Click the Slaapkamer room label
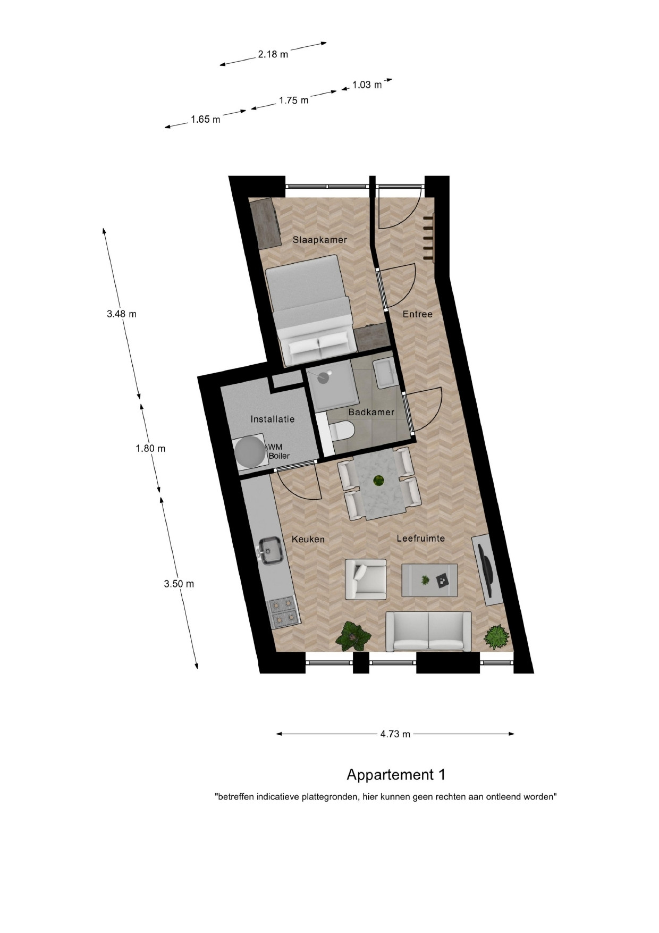[319, 240]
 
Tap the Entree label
[417, 314]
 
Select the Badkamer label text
[371, 412]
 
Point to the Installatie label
[273, 419]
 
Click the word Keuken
[308, 539]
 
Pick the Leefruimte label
[421, 539]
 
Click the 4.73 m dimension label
[395, 734]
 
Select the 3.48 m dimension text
[122, 314]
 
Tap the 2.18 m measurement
[273, 54]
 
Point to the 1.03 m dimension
[367, 85]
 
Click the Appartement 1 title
[396, 775]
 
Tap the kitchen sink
[272, 550]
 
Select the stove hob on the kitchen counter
[283, 612]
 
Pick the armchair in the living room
[366, 579]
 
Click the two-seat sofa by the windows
[428, 631]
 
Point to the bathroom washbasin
[384, 372]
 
